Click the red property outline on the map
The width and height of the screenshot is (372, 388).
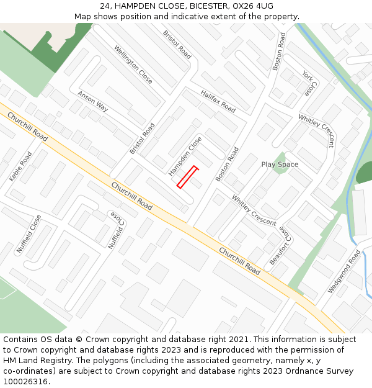pyautogui.click(x=187, y=177)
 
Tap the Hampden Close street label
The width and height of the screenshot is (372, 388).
pyautogui.click(x=185, y=156)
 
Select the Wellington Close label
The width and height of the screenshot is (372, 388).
pyautogui.click(x=133, y=65)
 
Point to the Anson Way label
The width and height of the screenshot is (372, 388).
pyautogui.click(x=93, y=101)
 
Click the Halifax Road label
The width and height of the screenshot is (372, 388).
pyautogui.click(x=218, y=101)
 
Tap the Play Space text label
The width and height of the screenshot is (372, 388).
pyautogui.click(x=280, y=165)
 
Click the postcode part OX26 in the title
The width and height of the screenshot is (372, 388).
pyautogui.click(x=244, y=6)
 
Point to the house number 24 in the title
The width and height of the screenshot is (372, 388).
pyautogui.click(x=105, y=6)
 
